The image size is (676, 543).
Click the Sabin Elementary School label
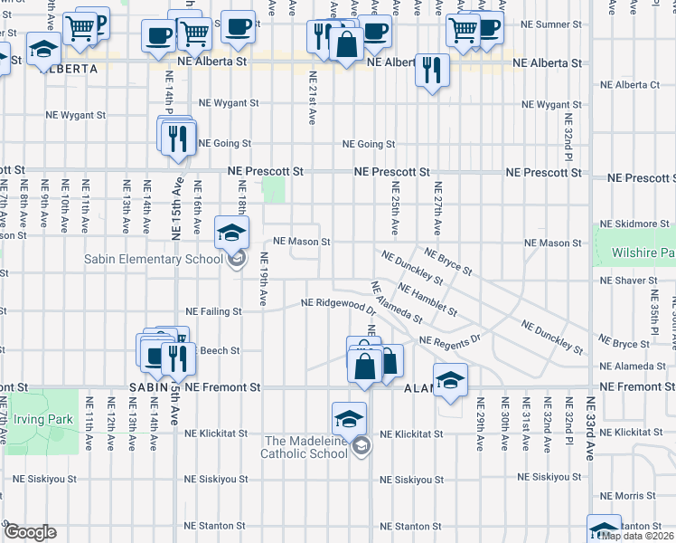click(x=154, y=260)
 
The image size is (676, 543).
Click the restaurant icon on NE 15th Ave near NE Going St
click(x=178, y=138)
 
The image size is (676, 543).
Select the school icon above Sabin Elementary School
click(x=232, y=233)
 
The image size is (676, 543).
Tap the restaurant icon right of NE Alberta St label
click(x=432, y=70)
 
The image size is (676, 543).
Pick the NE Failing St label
click(x=213, y=311)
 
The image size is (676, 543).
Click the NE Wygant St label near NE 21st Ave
click(x=229, y=103)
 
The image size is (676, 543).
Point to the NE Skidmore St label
click(x=635, y=223)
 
